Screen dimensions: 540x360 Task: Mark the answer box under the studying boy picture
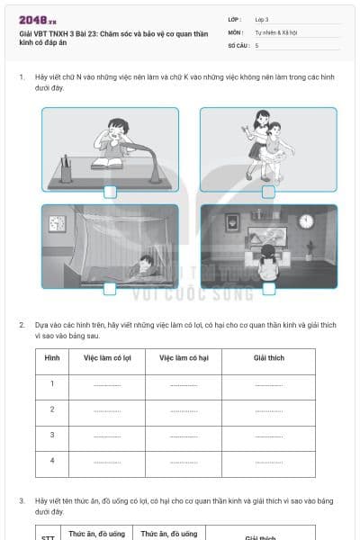(x=110, y=191)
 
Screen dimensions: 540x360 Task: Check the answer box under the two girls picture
(x=268, y=191)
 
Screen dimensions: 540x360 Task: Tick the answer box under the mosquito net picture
(x=110, y=288)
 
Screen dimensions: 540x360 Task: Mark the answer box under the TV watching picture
(x=268, y=288)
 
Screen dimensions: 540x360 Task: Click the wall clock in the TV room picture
(x=306, y=221)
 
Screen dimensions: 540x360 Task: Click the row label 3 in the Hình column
(x=52, y=435)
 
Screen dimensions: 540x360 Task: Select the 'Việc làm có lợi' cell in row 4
(x=107, y=461)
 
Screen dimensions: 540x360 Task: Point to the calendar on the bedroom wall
(x=57, y=221)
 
